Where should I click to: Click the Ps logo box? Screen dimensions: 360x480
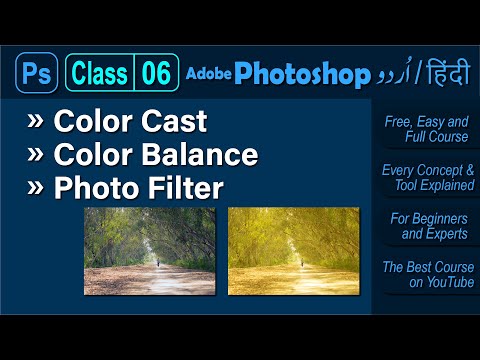36,73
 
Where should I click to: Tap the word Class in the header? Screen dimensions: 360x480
100,73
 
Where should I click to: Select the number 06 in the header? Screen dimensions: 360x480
156,73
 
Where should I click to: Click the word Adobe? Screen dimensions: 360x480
208,74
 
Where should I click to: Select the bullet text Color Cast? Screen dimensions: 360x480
130,122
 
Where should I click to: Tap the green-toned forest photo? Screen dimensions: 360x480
149,250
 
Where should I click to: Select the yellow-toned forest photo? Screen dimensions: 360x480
294,250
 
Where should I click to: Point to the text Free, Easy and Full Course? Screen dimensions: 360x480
426,128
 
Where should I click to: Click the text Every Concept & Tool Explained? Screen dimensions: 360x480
427,177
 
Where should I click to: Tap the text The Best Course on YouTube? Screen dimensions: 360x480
426,274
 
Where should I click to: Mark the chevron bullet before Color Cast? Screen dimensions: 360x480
36,122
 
